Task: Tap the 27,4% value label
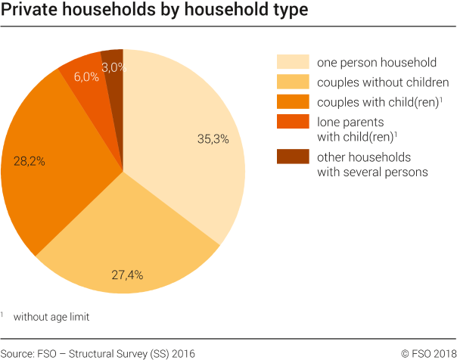pos(127,274)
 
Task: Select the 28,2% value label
pos(28,160)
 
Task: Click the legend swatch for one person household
pos(293,62)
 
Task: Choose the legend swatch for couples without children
pos(293,82)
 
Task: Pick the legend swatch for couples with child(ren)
pos(293,101)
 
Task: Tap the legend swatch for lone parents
pos(293,121)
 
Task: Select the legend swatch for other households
pos(293,157)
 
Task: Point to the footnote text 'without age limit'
pos(51,317)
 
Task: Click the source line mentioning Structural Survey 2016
pos(98,352)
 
